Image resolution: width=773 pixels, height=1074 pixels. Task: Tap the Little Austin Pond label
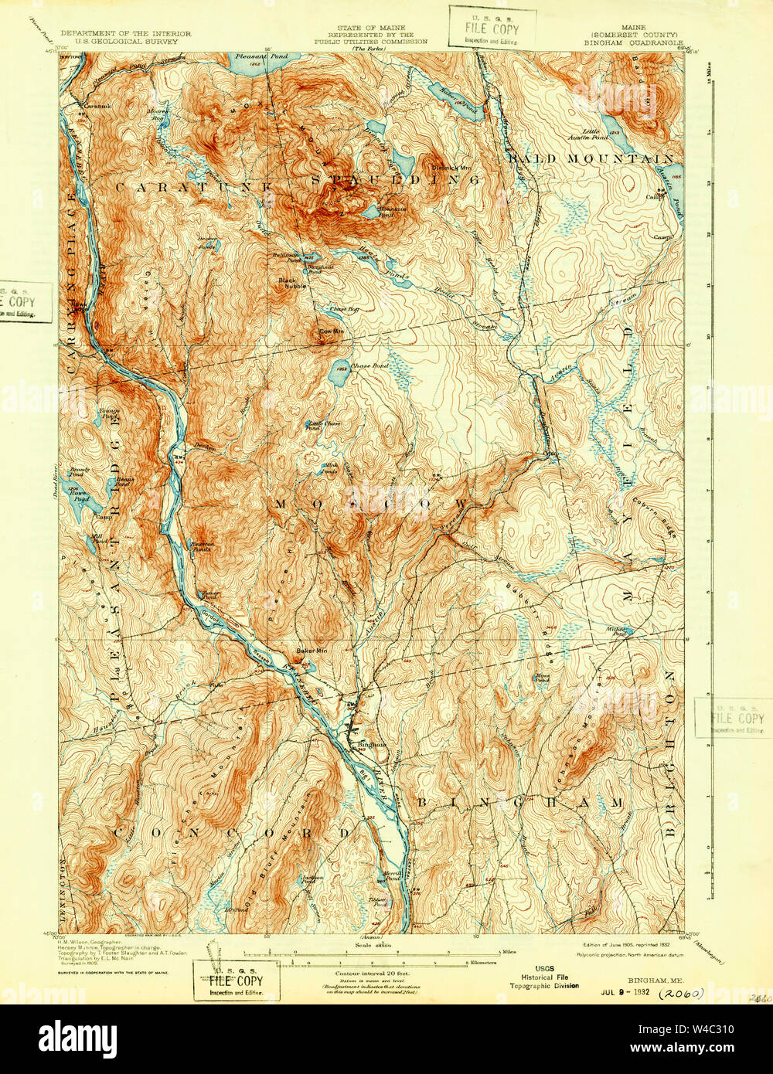(x=601, y=134)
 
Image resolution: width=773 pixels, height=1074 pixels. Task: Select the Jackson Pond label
(x=312, y=879)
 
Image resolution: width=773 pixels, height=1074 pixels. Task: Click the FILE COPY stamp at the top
(x=492, y=29)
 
